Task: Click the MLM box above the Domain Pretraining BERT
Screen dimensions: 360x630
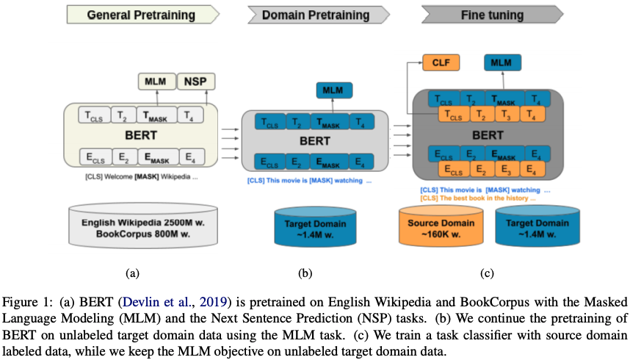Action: click(334, 90)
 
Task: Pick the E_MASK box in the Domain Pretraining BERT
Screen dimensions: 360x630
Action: click(331, 161)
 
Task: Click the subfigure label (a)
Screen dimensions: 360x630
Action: click(132, 273)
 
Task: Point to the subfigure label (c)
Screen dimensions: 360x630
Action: click(486, 273)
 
